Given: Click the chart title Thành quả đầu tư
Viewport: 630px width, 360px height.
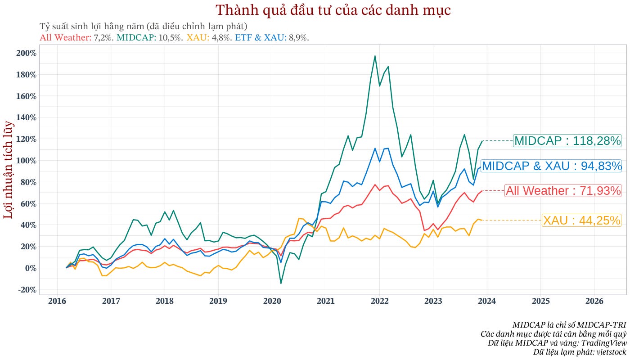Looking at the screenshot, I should [333, 10].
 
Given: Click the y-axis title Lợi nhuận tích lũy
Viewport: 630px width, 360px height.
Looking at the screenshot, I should [9, 170].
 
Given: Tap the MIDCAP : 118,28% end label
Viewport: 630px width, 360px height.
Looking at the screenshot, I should [567, 141].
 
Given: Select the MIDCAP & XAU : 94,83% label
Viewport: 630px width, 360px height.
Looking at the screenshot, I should [551, 166].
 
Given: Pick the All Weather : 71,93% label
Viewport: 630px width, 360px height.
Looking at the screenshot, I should [563, 191].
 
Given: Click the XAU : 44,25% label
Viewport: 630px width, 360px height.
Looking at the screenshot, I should [581, 220].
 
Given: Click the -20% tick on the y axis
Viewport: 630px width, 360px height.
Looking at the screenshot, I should [27, 290].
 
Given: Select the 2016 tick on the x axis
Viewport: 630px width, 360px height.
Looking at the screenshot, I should [57, 301].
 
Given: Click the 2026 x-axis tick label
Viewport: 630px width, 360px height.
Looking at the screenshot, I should [594, 301].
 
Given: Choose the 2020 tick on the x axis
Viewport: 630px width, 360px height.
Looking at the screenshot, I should [272, 301].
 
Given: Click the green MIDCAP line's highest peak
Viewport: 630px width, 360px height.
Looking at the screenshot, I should [375, 56].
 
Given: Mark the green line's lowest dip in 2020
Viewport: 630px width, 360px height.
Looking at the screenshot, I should [281, 283].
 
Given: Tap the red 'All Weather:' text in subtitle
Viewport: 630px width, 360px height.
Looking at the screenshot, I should [66, 38].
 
